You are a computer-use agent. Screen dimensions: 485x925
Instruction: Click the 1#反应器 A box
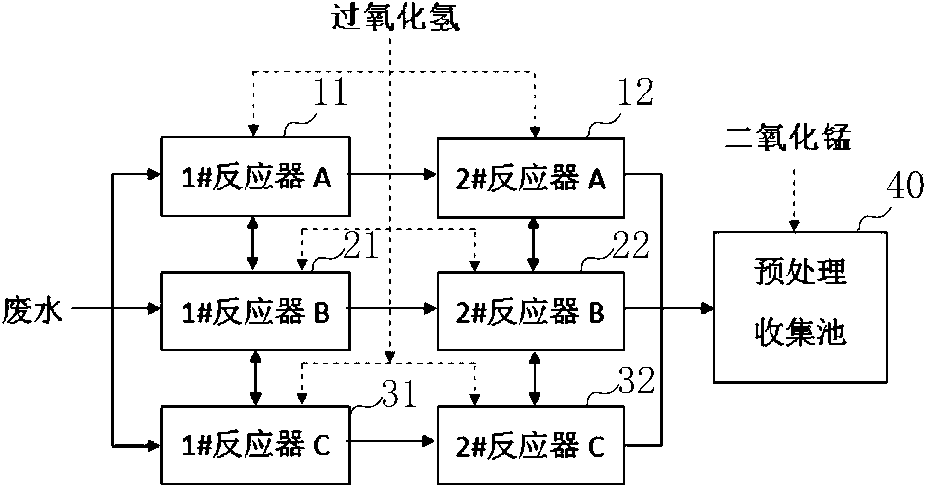tap(255, 176)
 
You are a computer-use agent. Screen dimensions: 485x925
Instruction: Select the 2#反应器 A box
tap(530, 178)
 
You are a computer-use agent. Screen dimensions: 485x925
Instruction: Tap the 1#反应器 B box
tap(255, 311)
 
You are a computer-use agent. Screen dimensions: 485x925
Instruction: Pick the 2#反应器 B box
tap(530, 312)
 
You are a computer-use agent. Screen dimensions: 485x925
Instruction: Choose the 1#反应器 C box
tap(255, 444)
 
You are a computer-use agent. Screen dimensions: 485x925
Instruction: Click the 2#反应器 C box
tap(530, 445)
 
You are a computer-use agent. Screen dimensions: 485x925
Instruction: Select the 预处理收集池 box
tap(799, 307)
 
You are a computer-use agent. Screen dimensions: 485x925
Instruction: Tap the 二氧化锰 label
tap(789, 138)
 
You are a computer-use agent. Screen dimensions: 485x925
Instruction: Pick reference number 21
tap(361, 245)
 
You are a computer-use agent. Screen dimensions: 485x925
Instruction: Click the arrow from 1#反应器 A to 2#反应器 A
tap(393, 173)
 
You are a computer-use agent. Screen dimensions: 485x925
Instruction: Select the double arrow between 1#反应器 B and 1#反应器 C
tap(254, 378)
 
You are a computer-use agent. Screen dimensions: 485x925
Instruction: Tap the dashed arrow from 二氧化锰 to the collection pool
tap(794, 200)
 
